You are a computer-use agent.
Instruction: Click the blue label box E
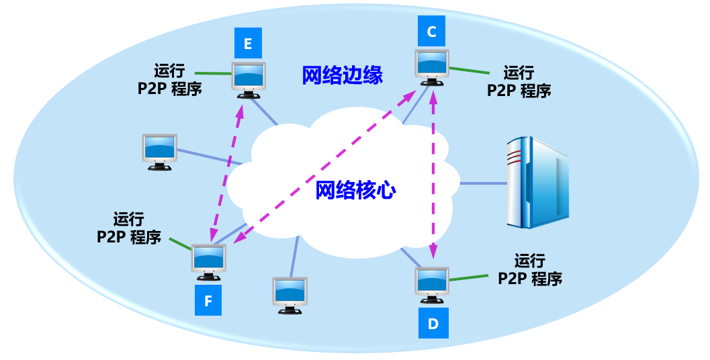[248, 44]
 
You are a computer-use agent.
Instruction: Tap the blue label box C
[431, 31]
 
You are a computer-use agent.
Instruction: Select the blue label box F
[208, 301]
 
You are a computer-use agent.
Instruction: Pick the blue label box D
[433, 324]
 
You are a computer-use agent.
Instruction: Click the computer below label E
[249, 79]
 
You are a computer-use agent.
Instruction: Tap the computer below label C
[432, 66]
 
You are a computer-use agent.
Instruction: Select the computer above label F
[209, 261]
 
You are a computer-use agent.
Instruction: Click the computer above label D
[432, 284]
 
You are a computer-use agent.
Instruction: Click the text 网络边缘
[342, 75]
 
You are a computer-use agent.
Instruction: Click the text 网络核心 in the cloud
[356, 191]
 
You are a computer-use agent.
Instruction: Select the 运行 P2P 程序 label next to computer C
[519, 81]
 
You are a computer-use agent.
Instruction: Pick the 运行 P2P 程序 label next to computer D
[530, 269]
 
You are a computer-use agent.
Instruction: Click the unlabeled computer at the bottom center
[290, 294]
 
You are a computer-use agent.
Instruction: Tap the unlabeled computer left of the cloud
[160, 150]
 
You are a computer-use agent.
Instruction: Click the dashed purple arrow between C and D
[433, 175]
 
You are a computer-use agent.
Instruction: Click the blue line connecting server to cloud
[483, 183]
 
